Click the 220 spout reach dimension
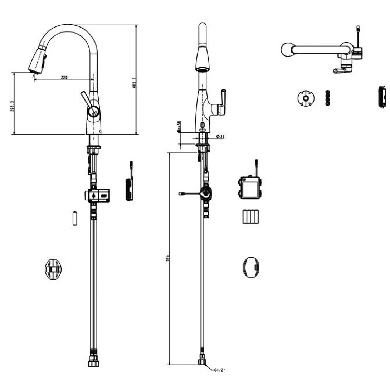pos(64,77)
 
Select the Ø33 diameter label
pos(220,137)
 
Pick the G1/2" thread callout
pos(219,370)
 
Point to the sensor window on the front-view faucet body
pos(202,126)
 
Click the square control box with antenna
pos(250,188)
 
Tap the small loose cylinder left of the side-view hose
pos(75,219)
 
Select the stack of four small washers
pos(327,97)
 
